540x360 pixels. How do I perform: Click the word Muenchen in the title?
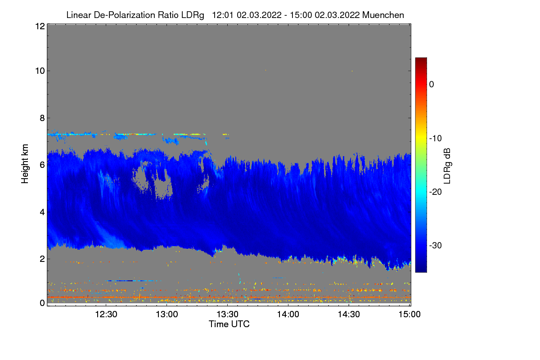click(x=383, y=15)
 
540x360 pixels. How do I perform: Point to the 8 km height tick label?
click(x=41, y=118)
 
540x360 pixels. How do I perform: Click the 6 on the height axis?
click(x=41, y=165)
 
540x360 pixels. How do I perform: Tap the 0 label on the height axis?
click(x=41, y=303)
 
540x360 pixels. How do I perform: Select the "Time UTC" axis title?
click(x=229, y=324)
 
